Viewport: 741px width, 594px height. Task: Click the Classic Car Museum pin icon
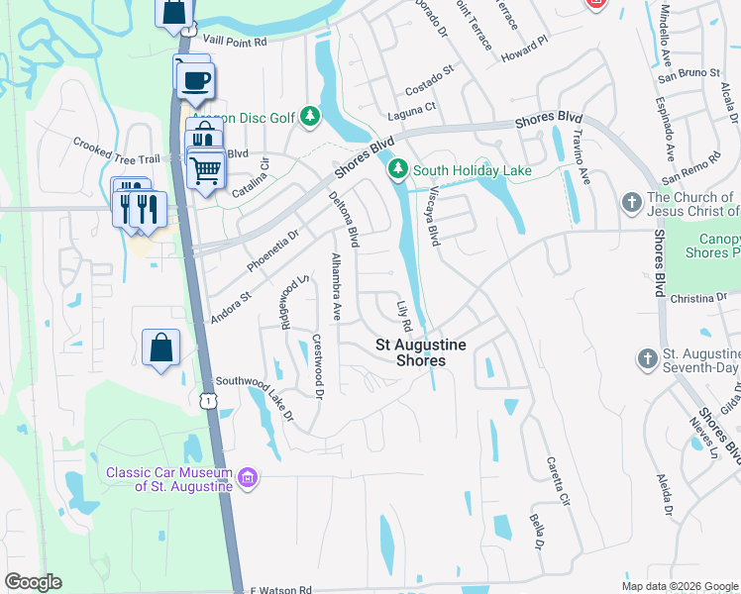coord(247,479)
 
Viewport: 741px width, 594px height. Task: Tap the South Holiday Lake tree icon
coord(398,170)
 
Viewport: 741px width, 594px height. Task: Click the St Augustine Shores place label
coord(410,352)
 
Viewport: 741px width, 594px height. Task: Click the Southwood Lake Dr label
coord(256,397)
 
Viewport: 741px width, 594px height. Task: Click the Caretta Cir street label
coord(558,482)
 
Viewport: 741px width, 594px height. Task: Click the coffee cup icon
coord(196,79)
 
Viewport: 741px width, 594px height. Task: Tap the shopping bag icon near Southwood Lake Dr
coord(160,347)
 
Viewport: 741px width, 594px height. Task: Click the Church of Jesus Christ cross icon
coord(632,203)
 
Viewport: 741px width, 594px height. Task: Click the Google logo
coord(33,582)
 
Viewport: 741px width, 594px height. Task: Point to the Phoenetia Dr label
coord(272,250)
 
